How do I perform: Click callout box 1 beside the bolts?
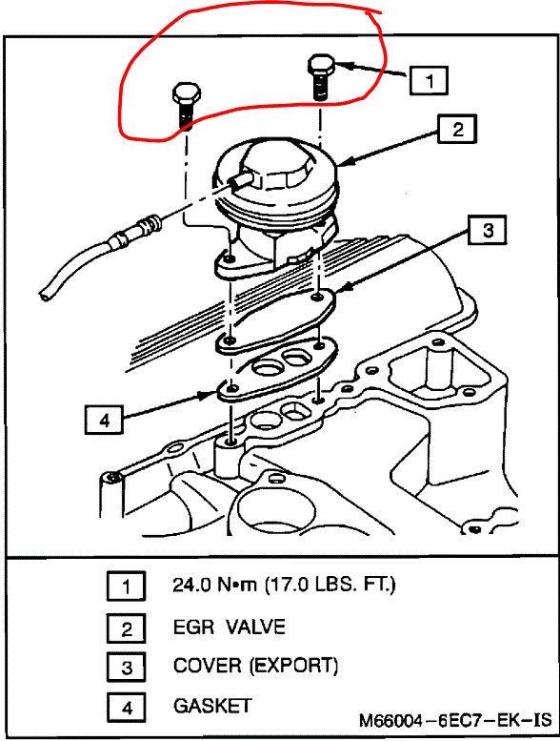coord(429,81)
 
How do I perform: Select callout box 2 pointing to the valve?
coord(457,129)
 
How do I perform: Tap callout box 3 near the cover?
coord(486,230)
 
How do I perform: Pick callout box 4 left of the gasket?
coord(104,417)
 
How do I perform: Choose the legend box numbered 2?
coord(126,628)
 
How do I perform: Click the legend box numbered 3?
coord(126,666)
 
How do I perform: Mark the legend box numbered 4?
coord(126,706)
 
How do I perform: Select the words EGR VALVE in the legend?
coord(229,628)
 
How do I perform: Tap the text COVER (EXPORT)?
coord(255,666)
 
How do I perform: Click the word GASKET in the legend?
coord(211,706)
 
